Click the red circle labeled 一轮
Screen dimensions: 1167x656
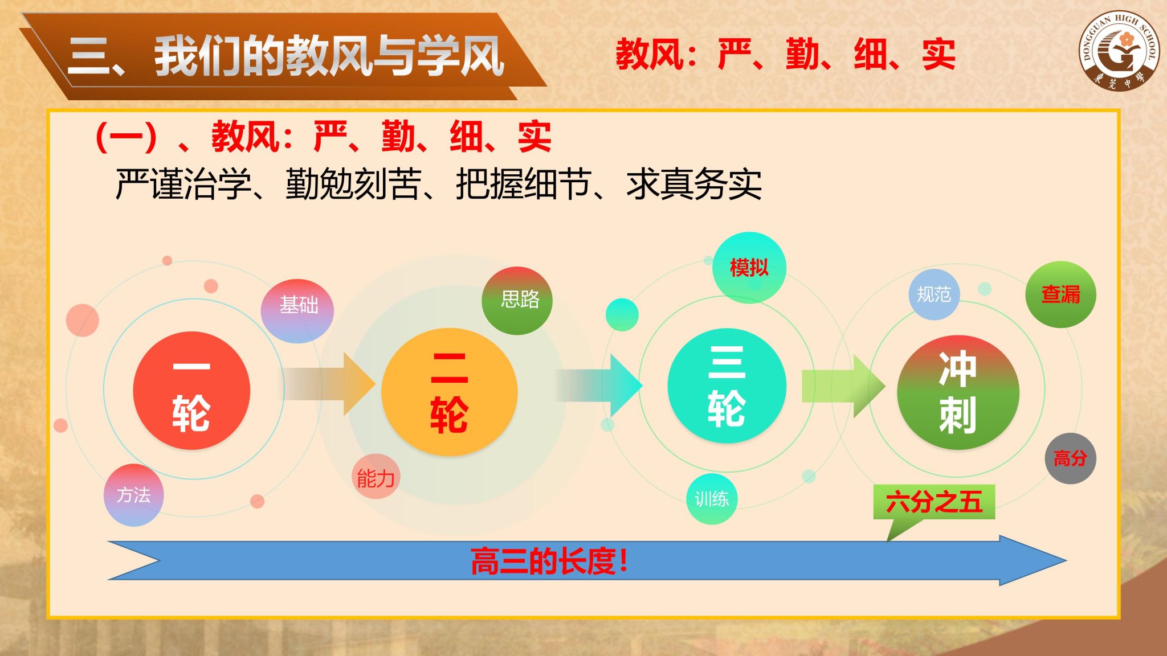point(191,391)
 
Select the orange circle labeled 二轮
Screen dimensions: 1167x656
point(449,392)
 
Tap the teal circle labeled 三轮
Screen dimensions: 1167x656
point(727,386)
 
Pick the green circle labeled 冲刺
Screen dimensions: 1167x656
point(958,392)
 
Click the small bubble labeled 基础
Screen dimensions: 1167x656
point(297,311)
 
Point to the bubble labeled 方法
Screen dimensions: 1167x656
point(134,495)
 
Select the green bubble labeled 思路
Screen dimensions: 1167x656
point(517,301)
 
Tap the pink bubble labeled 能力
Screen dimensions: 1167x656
point(376,477)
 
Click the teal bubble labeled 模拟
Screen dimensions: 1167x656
point(749,268)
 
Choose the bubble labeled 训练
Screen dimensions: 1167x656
point(712,499)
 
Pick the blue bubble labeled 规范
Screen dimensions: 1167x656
point(934,294)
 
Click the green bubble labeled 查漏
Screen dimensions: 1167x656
point(1060,294)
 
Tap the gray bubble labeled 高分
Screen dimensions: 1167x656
point(1070,458)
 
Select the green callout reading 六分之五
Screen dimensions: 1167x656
point(935,502)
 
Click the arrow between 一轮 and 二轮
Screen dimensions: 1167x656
point(329,384)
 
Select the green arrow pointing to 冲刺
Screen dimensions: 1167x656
point(843,386)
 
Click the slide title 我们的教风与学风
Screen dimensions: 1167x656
point(329,56)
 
